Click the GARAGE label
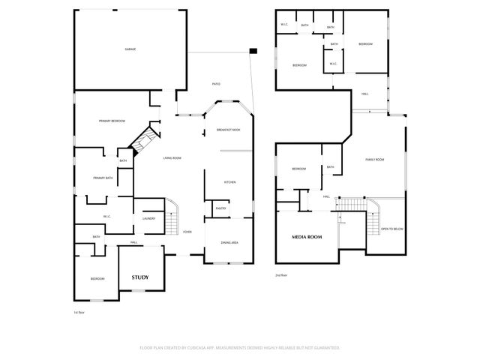pyautogui.click(x=130, y=49)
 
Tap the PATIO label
pyautogui.click(x=216, y=84)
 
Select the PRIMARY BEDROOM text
pyautogui.click(x=111, y=121)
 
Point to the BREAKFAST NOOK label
pyautogui.click(x=228, y=130)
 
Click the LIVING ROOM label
pyautogui.click(x=173, y=158)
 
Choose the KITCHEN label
pyautogui.click(x=231, y=183)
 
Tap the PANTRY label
pyautogui.click(x=221, y=208)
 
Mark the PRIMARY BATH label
pyautogui.click(x=103, y=178)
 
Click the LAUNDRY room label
pyautogui.click(x=148, y=218)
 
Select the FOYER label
pyautogui.click(x=187, y=232)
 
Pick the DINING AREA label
pyautogui.click(x=229, y=242)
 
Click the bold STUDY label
pyautogui.click(x=140, y=277)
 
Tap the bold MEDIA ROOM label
pyautogui.click(x=306, y=237)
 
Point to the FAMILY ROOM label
pyautogui.click(x=374, y=160)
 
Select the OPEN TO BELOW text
pyautogui.click(x=392, y=229)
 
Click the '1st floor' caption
pyautogui.click(x=79, y=311)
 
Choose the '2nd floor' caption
pyautogui.click(x=282, y=275)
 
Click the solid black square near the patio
pyautogui.click(x=253, y=51)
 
